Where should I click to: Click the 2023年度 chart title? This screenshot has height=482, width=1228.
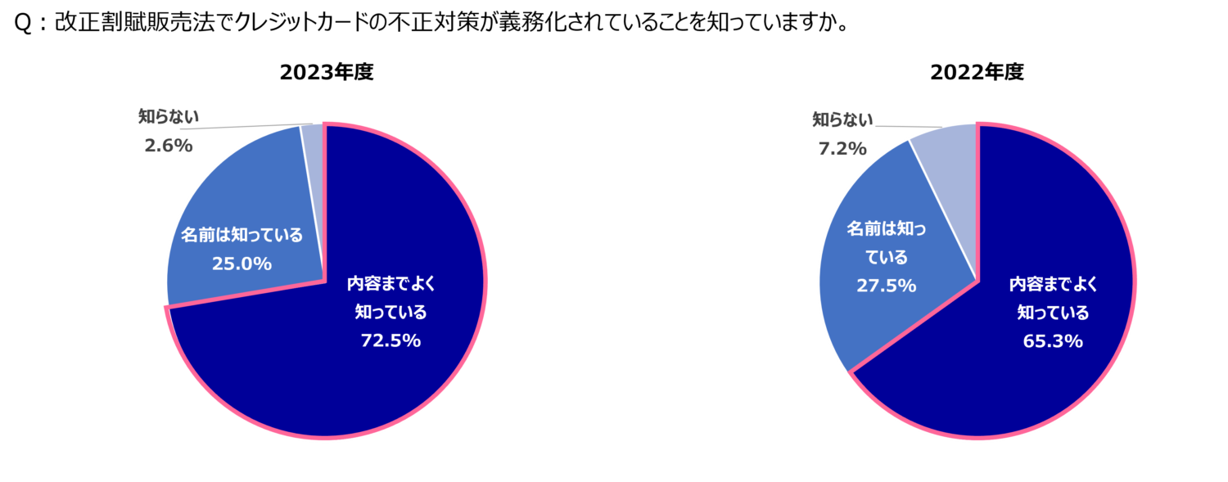327,72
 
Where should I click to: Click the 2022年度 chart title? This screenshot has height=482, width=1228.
977,72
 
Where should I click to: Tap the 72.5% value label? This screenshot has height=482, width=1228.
391,340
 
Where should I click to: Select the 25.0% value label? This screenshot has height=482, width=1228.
242,264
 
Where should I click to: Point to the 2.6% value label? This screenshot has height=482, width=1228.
169,146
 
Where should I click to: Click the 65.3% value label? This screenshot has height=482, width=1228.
1053,341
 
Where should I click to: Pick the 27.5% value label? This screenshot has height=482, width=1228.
887,286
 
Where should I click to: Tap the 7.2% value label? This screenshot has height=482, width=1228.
842,148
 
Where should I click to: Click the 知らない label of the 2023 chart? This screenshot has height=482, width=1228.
169,117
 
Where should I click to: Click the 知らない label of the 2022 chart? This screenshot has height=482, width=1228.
842,119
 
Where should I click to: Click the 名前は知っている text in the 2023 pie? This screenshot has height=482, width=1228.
242,235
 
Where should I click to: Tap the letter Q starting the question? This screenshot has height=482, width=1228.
23,24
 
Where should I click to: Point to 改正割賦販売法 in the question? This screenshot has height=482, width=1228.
134,23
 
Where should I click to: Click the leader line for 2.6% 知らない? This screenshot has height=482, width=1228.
246,127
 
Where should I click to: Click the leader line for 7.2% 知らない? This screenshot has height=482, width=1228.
909,127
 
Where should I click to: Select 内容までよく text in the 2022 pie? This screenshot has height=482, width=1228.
1053,284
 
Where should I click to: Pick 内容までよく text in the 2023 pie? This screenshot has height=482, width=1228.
391,284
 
